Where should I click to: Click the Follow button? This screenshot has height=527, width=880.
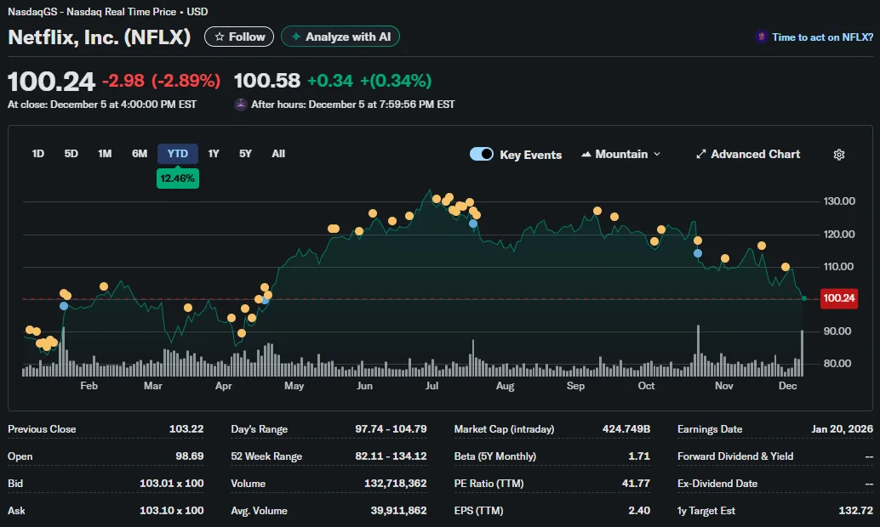239,37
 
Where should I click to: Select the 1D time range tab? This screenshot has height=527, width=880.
38,154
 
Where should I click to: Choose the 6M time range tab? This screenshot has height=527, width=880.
140,154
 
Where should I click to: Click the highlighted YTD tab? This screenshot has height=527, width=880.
177,154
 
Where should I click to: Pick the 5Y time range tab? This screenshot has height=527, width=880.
245,154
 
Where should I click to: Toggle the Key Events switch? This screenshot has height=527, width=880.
482,154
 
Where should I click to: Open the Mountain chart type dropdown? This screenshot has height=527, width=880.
621,154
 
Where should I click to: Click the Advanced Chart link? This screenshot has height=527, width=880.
748,154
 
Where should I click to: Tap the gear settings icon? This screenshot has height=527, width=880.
839,155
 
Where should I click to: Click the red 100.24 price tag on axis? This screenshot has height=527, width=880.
837,298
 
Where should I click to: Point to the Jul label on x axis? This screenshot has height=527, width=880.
431,386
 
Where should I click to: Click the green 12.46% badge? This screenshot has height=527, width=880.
178,178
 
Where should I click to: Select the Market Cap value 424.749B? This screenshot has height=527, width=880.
627,429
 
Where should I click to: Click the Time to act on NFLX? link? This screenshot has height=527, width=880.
822,37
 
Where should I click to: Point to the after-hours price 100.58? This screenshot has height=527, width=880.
267,81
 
